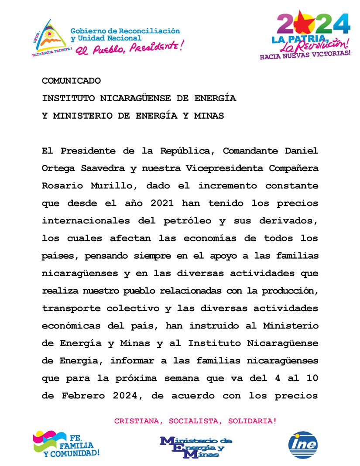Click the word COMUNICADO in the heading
click(71, 81)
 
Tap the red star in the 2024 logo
click(304, 24)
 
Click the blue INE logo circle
click(303, 445)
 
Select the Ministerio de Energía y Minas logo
click(196, 446)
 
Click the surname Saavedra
click(100, 168)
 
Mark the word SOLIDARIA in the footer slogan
click(255, 421)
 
